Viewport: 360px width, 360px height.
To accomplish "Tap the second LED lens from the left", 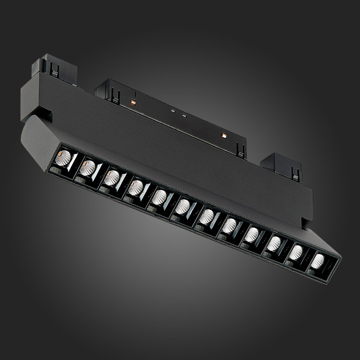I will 87,167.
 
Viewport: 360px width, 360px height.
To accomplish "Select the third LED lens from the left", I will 111,177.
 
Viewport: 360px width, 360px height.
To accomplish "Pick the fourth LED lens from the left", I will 135,187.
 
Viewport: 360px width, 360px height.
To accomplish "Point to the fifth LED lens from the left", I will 160,197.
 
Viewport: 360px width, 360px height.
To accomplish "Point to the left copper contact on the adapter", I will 132,102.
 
